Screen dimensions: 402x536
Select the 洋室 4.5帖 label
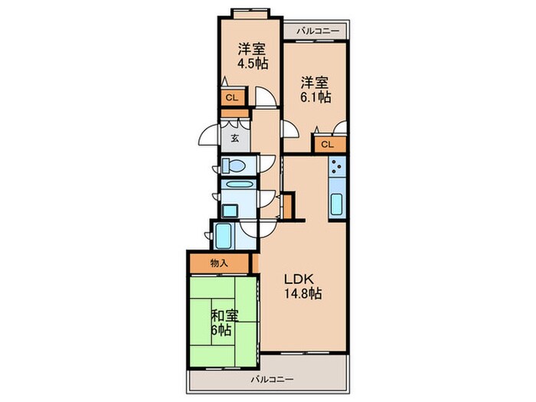point(252,56)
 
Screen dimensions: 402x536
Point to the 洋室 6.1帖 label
point(315,90)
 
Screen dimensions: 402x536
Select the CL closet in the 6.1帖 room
point(327,143)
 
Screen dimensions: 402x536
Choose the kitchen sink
point(336,204)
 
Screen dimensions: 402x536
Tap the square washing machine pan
point(230,208)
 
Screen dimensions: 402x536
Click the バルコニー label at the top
point(316,31)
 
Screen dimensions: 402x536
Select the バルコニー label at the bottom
point(267,379)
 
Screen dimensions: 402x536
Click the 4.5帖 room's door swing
point(264,98)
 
